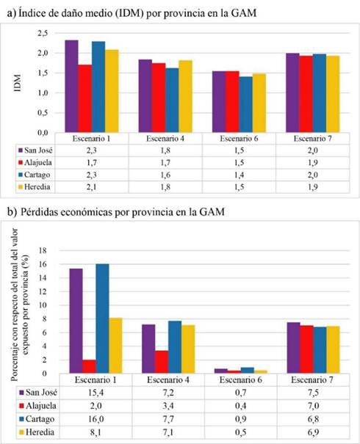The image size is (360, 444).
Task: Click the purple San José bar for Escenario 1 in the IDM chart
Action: click(x=71, y=86)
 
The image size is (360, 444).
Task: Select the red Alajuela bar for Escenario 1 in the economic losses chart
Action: click(x=89, y=366)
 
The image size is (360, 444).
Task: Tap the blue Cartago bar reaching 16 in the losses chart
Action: click(x=102, y=319)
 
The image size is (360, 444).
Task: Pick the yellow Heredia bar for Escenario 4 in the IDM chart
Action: click(x=185, y=96)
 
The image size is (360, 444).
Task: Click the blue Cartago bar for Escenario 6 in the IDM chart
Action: click(x=246, y=104)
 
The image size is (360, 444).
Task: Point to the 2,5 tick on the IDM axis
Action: click(x=43, y=33)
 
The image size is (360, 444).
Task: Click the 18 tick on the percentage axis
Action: click(x=43, y=250)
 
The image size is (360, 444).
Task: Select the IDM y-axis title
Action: click(x=18, y=83)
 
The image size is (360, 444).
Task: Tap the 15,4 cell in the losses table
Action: click(x=96, y=393)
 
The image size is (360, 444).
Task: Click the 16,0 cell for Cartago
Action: click(x=96, y=419)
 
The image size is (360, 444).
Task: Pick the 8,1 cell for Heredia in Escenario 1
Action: click(x=96, y=432)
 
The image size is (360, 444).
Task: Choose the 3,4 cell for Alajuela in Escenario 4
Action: click(x=168, y=406)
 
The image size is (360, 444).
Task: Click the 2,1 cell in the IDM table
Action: click(x=92, y=187)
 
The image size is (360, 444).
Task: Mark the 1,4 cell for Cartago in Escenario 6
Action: click(x=239, y=175)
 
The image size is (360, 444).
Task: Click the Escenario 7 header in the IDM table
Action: click(x=313, y=139)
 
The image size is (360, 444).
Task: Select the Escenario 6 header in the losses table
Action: click(x=240, y=379)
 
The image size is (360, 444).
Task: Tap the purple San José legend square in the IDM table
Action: click(x=20, y=150)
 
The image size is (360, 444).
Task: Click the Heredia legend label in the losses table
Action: click(x=40, y=432)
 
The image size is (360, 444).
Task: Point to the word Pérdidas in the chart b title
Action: click(x=38, y=212)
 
